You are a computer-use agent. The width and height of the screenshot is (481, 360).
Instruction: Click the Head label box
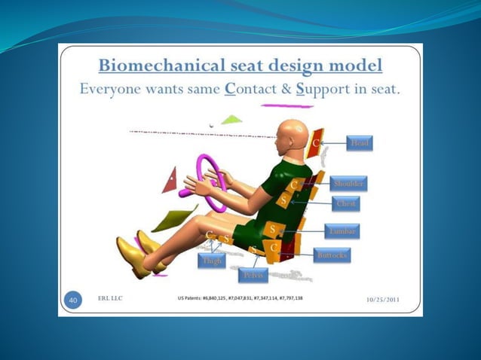click(x=361, y=143)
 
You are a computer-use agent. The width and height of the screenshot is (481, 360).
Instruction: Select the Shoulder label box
click(x=348, y=183)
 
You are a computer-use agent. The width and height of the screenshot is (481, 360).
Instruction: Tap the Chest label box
click(x=347, y=203)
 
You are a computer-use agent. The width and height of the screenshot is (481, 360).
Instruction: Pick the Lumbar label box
click(x=343, y=231)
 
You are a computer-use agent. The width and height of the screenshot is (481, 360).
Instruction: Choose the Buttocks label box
click(x=332, y=255)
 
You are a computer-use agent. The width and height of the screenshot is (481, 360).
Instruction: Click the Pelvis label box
click(x=253, y=276)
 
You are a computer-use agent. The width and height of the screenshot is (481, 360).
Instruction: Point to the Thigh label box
click(x=211, y=261)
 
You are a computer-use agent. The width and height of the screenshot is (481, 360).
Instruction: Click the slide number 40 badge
click(x=74, y=301)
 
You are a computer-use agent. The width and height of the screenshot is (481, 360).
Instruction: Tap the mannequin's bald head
click(x=290, y=136)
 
